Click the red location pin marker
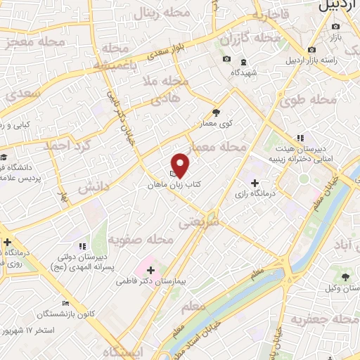[x=181, y=165]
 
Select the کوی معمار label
[x=219, y=124]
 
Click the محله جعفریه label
[x=330, y=321]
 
